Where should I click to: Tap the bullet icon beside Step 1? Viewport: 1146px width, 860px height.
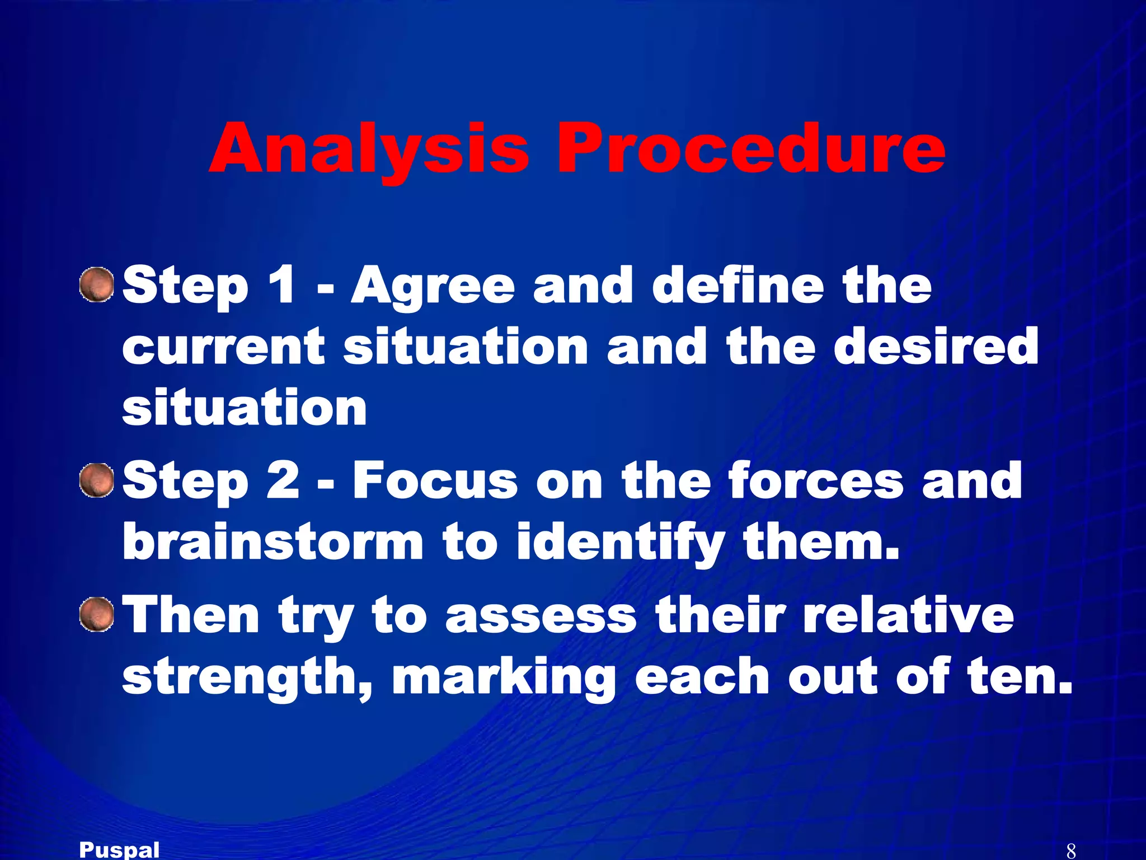[x=96, y=284]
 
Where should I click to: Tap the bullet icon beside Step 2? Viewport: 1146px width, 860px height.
[x=96, y=480]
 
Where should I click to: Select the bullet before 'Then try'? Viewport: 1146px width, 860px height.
[x=96, y=614]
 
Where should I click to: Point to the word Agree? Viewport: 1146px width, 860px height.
[x=433, y=287]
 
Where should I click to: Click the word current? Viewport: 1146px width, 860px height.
[x=223, y=347]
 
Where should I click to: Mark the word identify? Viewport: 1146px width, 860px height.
[x=621, y=543]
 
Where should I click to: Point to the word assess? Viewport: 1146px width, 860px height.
[x=541, y=616]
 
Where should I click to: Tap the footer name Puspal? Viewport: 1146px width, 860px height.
[x=119, y=850]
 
